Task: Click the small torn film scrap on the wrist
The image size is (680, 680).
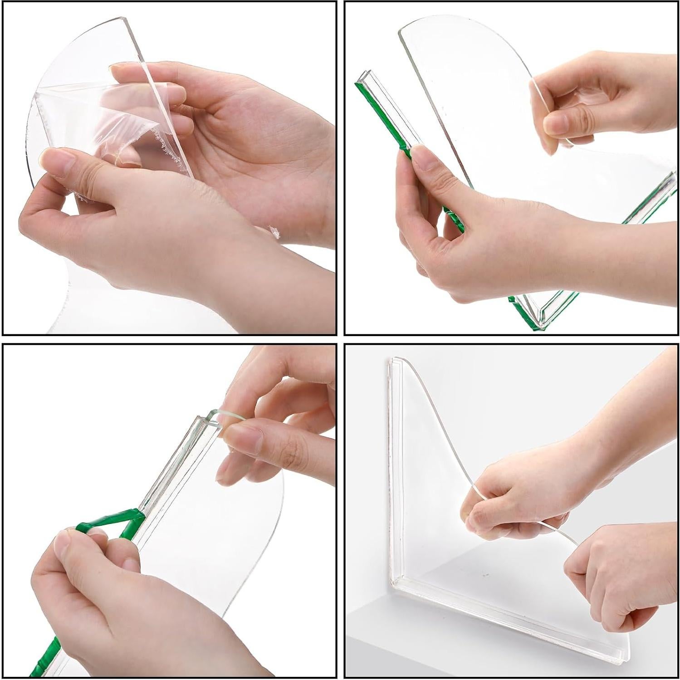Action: click(274, 231)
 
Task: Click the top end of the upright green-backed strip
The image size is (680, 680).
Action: click(366, 75)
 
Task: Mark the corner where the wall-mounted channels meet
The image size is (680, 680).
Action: click(395, 583)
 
